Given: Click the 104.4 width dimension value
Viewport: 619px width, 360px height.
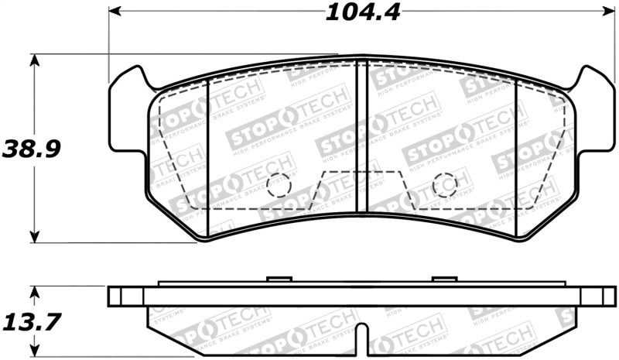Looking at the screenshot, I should coord(362,12).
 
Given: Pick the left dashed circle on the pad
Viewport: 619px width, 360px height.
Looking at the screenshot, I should coord(278,185).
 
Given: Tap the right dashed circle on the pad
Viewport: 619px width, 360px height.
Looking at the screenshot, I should coord(445,185).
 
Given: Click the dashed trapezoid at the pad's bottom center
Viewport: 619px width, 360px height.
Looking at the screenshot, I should coord(361,190).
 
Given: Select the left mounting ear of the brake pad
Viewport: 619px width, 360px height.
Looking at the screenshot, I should coord(128,112).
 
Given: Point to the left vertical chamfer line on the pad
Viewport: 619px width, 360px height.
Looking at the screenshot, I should coord(210,155).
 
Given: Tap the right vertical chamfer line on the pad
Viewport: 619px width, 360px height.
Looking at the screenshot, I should coord(516,155).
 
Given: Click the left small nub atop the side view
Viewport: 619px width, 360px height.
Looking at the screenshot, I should coord(278,279).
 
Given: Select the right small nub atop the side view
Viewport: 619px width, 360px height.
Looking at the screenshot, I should coord(445,279).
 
